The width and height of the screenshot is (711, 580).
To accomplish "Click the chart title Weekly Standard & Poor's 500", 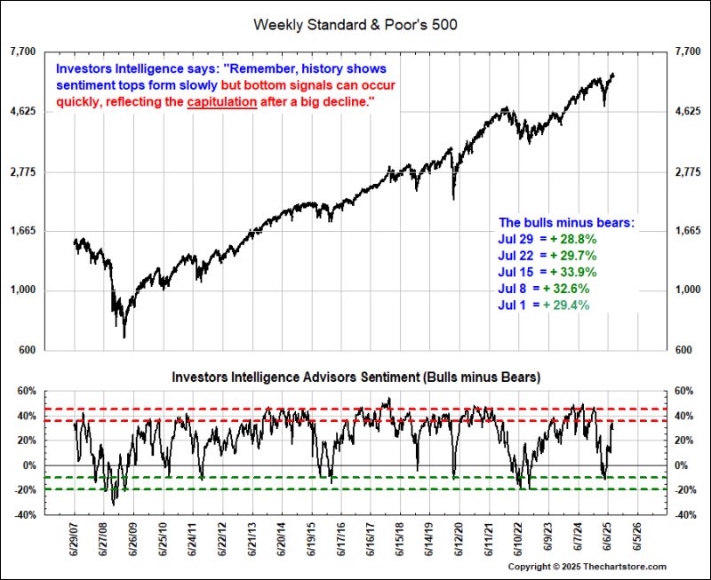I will click(x=355, y=24).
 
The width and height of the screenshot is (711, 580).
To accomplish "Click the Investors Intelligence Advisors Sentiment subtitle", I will click(x=356, y=377).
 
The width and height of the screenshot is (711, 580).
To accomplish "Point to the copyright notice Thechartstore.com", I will click(x=587, y=567).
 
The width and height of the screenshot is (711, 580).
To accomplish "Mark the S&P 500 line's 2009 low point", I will click(x=124, y=337).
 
